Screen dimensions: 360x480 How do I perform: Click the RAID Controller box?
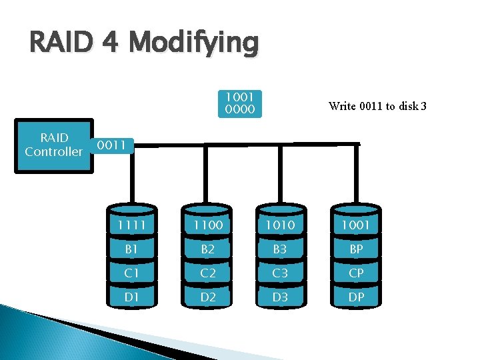pyautogui.click(x=53, y=145)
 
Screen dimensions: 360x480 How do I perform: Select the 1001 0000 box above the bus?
pyautogui.click(x=240, y=103)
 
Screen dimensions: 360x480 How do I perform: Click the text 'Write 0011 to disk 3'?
pyautogui.click(x=377, y=105)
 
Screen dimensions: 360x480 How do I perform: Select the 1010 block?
pyautogui.click(x=280, y=225)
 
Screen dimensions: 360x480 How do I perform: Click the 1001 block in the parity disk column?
pyautogui.click(x=356, y=225)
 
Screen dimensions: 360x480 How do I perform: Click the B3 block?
pyautogui.click(x=280, y=249)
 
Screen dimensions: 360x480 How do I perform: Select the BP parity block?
pyautogui.click(x=356, y=249)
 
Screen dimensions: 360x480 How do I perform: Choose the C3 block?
pyautogui.click(x=280, y=273)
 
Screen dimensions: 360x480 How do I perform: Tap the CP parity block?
pyautogui.click(x=356, y=273)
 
